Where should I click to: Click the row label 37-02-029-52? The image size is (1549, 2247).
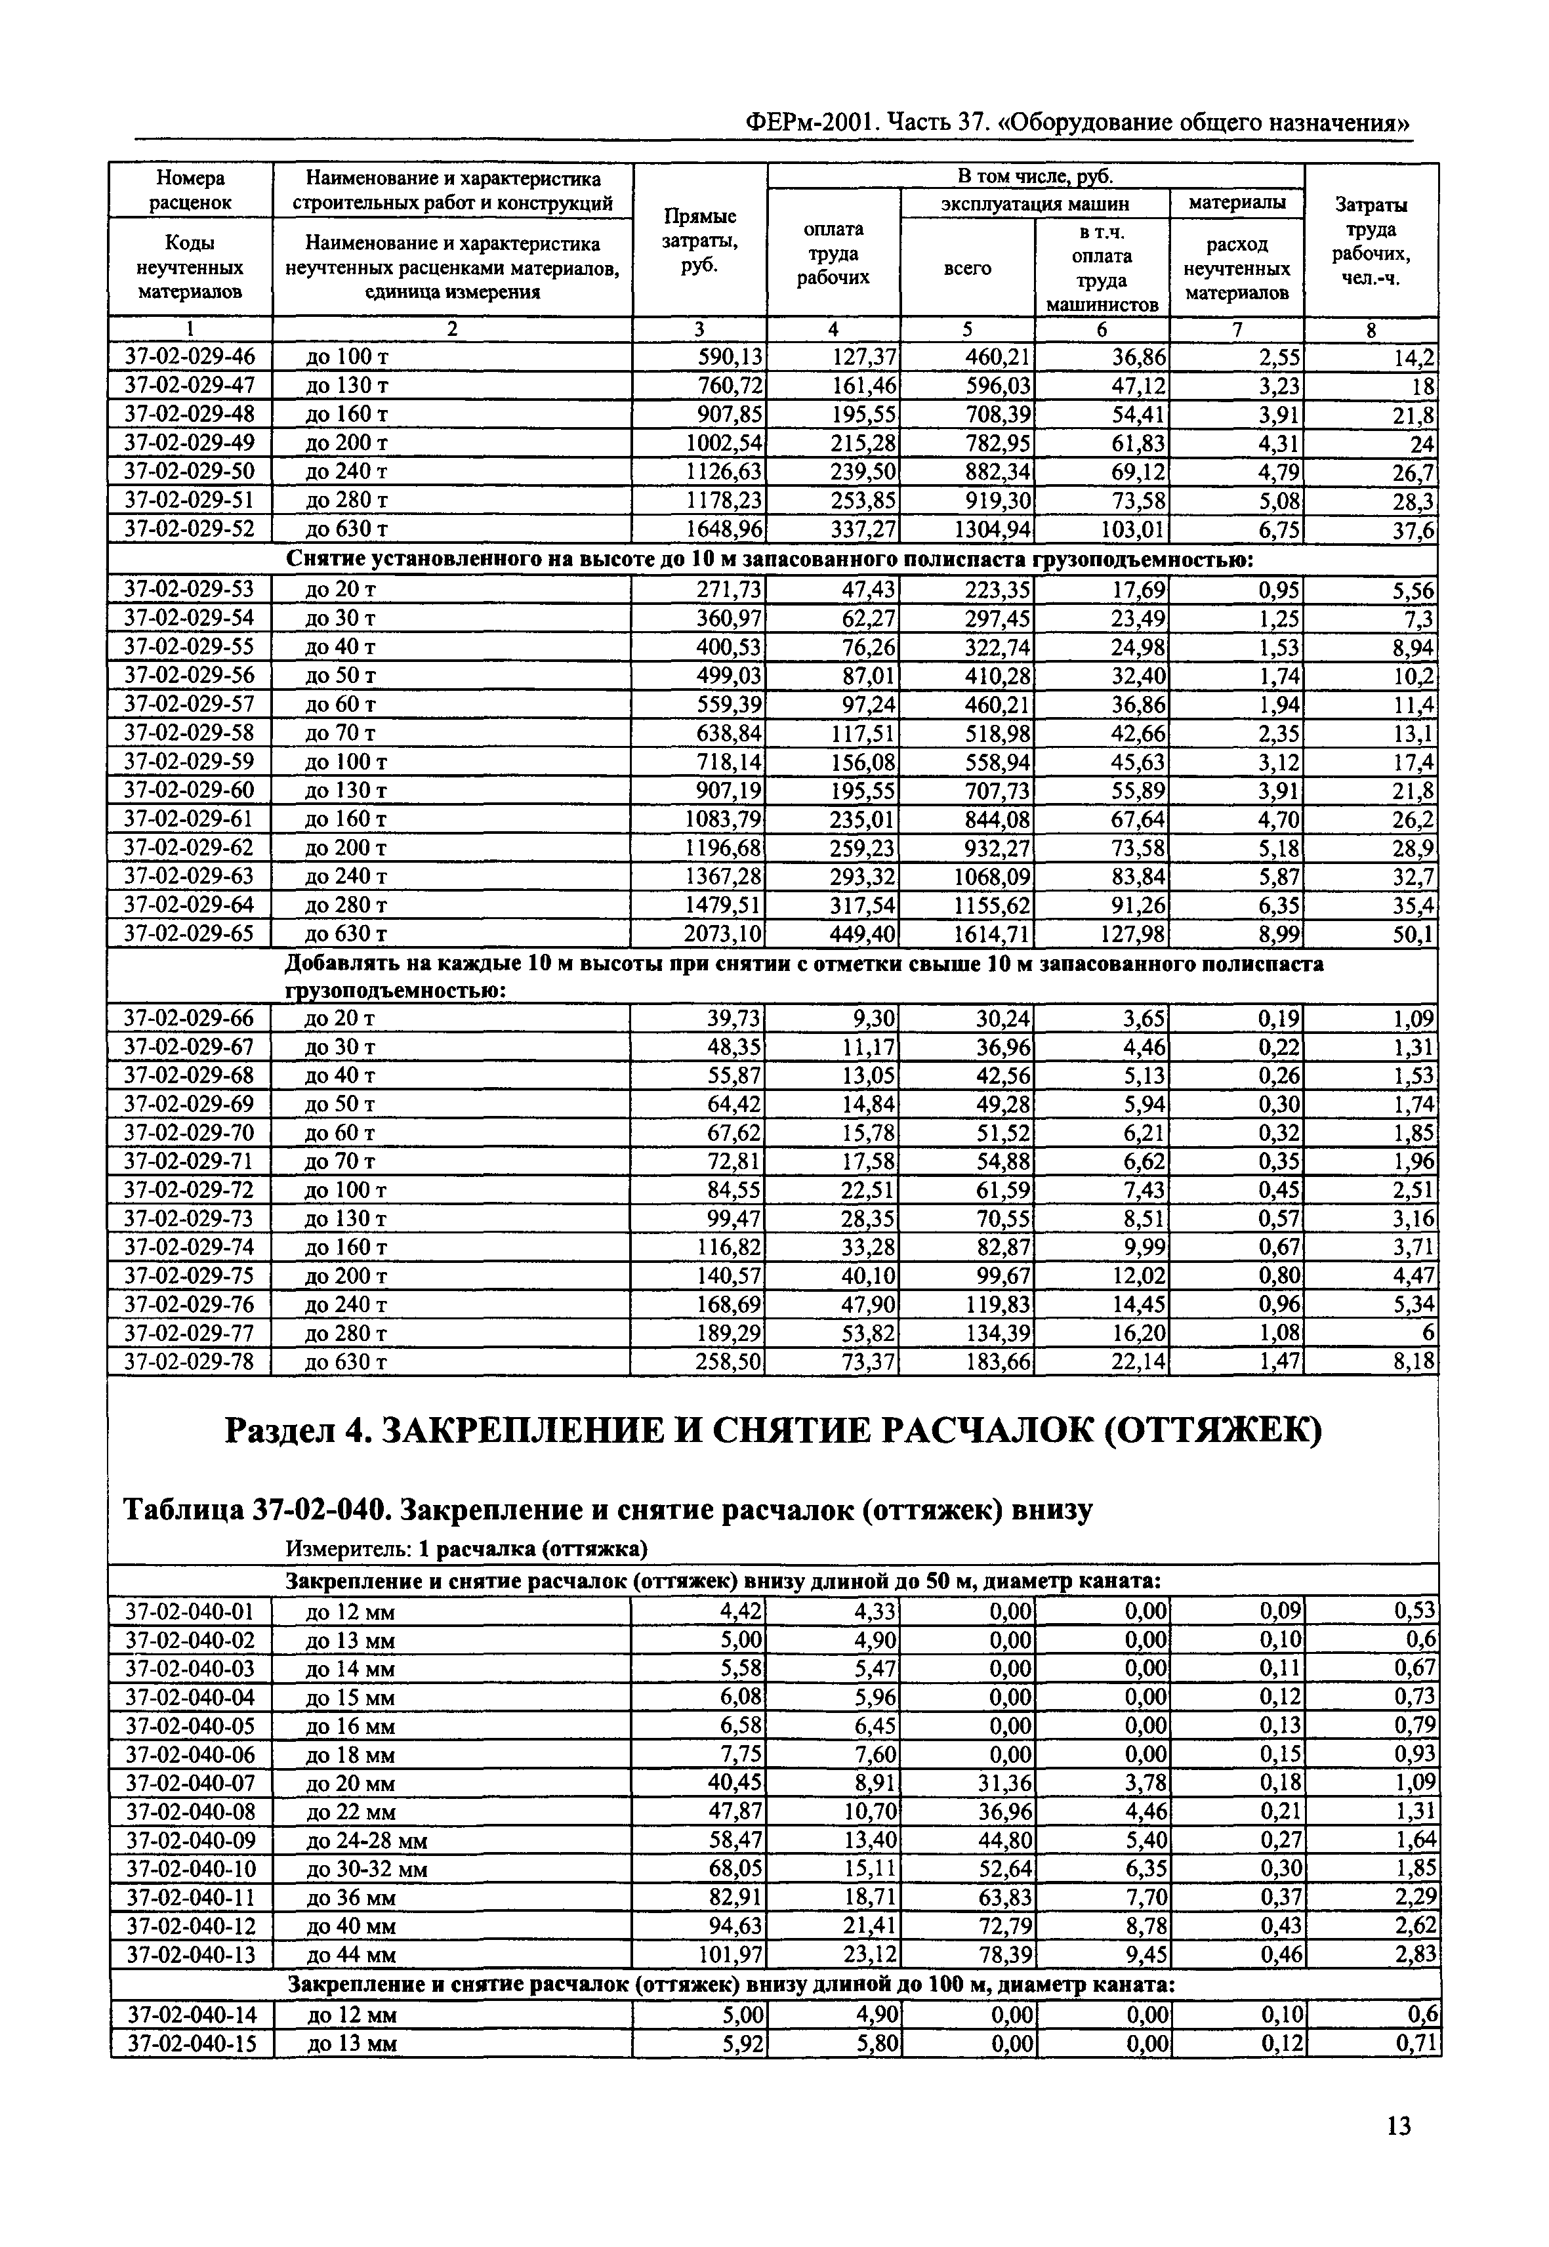190,529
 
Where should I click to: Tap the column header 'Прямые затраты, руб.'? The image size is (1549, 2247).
699,241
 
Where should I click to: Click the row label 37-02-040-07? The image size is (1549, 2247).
190,1783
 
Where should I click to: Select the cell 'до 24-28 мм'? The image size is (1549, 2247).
366,1840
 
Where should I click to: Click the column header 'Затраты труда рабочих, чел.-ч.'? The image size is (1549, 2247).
1371,241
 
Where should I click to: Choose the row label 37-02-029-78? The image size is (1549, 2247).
190,1362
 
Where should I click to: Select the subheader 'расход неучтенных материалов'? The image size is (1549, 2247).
1237,268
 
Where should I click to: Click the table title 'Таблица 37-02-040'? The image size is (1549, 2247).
609,1510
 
